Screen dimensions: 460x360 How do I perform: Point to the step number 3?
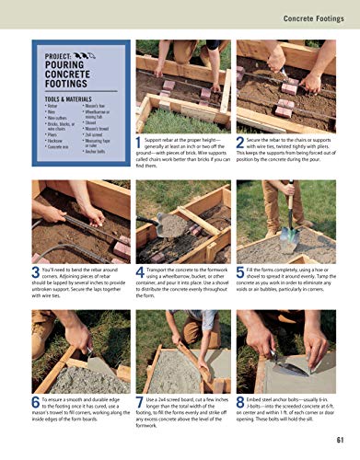coord(35,270)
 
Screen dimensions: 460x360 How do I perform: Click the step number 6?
coord(35,401)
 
